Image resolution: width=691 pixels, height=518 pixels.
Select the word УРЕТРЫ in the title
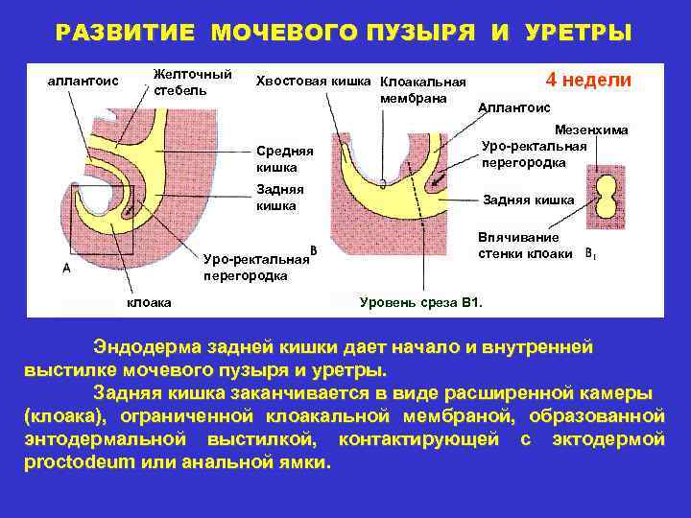tap(579, 33)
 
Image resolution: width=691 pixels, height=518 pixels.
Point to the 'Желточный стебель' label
tap(193, 82)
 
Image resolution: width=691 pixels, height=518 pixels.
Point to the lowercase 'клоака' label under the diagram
tap(150, 303)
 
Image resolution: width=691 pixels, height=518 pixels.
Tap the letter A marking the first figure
tap(65, 269)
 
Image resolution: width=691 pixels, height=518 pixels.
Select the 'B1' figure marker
tap(591, 255)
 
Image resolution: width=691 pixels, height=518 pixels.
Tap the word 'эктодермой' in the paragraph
tap(608, 438)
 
